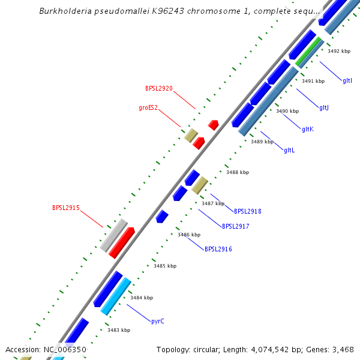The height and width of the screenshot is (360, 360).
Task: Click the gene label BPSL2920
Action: tap(158, 88)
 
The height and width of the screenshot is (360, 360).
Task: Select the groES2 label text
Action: tap(148, 108)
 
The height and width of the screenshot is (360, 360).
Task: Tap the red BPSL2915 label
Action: tap(65, 208)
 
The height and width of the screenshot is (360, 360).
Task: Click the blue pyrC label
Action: tap(158, 321)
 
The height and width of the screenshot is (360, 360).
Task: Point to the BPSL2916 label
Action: tap(218, 249)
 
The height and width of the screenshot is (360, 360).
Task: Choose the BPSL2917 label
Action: tap(235, 227)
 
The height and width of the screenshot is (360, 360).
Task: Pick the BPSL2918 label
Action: tap(247, 211)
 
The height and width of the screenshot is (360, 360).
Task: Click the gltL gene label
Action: tap(289, 150)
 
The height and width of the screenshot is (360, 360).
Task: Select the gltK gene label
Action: tap(308, 129)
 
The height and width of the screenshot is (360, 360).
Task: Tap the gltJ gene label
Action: tap(324, 108)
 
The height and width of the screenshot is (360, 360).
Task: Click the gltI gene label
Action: tap(347, 80)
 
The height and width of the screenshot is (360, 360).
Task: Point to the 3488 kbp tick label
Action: tap(237, 173)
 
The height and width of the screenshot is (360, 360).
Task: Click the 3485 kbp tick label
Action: tap(165, 266)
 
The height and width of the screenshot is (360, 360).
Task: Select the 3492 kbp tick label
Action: tap(339, 52)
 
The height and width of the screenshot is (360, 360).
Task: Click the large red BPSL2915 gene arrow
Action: tap(121, 243)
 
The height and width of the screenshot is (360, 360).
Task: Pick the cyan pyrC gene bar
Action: tap(116, 296)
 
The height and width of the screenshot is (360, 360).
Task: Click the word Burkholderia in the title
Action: tap(65, 11)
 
